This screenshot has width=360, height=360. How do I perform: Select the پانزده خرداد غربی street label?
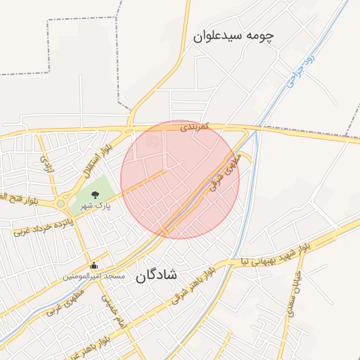pos(44,224)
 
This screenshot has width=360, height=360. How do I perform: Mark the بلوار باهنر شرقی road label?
pos(192,285)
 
